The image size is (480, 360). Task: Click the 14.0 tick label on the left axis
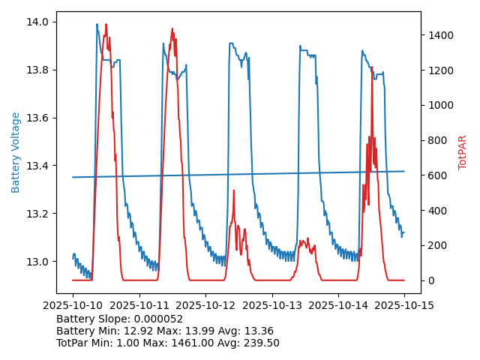[38, 22]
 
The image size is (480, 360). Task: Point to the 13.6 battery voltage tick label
[38, 118]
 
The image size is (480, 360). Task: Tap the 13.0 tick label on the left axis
[38, 262]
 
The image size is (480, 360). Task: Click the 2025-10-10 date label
[73, 305]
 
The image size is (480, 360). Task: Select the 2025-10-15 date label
[404, 305]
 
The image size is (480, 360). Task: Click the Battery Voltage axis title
[16, 152]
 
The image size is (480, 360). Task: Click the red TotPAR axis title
[463, 152]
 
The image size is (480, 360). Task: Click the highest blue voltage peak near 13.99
[97, 25]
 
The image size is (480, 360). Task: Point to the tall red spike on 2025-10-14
[372, 67]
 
